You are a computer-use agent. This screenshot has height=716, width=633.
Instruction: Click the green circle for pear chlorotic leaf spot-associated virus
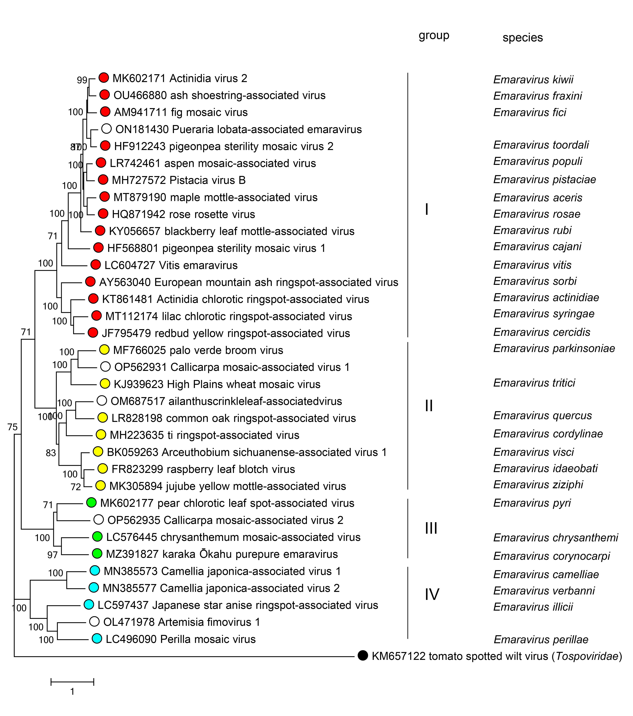point(91,502)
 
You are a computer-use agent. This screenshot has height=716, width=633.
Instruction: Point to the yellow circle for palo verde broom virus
point(104,350)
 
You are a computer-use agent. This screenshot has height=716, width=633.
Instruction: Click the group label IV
point(432,594)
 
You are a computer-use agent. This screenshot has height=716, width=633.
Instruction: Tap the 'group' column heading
point(434,35)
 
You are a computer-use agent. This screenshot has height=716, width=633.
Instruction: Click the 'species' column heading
point(522,37)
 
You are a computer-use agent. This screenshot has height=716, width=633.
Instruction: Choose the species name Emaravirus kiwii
point(533,79)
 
